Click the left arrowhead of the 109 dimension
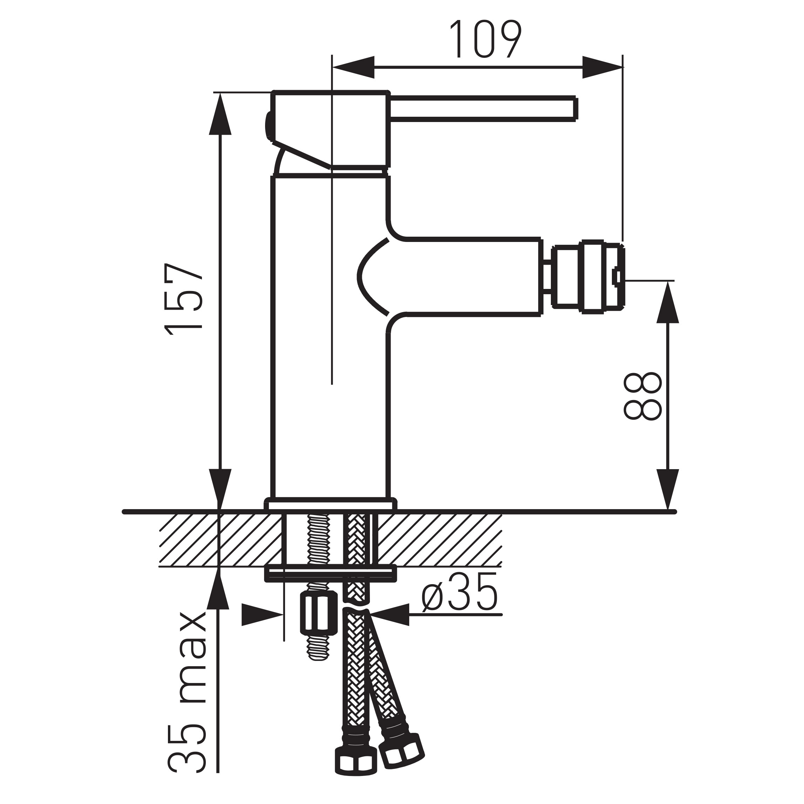pyautogui.click(x=353, y=67)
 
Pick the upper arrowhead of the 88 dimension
pyautogui.click(x=668, y=302)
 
